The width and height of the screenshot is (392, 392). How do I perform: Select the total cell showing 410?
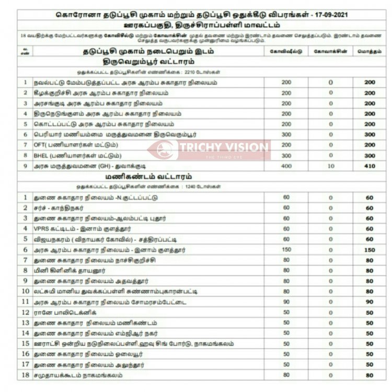click(370, 166)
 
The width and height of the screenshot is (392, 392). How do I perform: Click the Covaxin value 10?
click(330, 166)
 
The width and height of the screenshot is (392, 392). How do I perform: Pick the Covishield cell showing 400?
click(286, 166)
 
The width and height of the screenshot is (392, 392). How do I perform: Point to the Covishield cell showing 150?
click(286, 250)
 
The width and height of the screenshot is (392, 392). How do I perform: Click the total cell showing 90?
click(370, 302)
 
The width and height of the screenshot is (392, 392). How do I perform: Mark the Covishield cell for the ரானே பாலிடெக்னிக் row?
click(286, 313)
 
